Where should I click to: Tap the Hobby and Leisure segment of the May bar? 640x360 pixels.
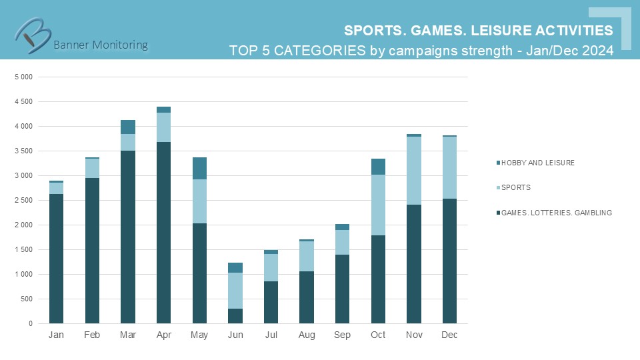coord(199,168)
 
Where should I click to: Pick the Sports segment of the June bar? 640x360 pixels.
coord(235,291)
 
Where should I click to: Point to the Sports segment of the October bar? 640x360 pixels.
coord(378,214)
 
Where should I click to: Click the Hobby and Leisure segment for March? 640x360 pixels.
coord(127,127)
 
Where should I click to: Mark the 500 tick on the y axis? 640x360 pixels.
coord(27,299)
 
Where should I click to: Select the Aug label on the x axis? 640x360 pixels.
coord(307,335)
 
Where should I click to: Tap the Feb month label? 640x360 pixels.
coord(92,335)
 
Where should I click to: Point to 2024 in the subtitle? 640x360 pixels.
coord(596,51)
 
